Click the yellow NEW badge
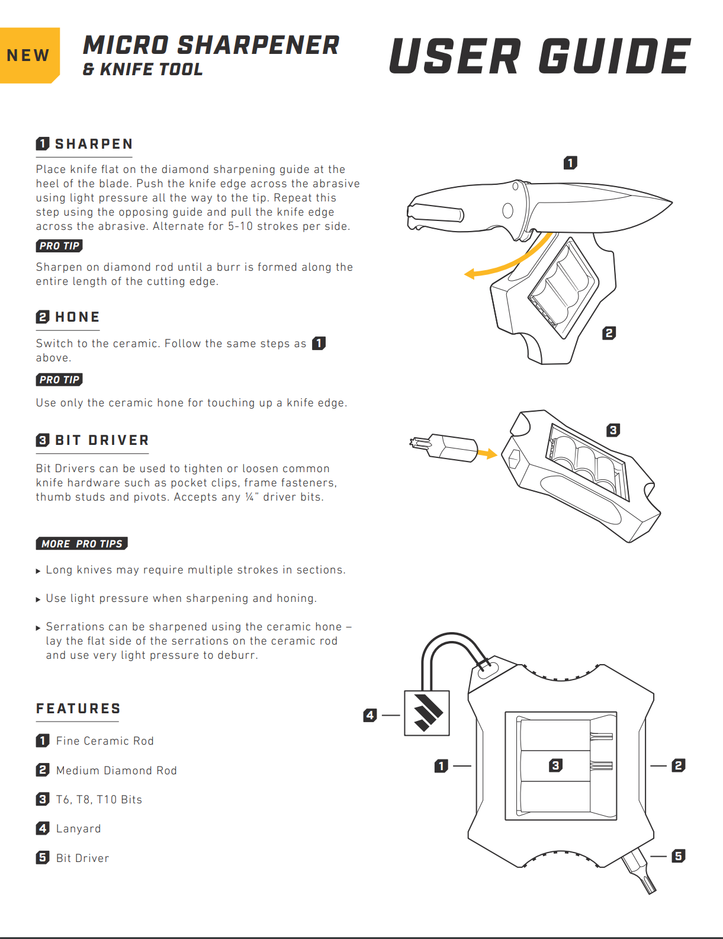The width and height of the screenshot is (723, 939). tap(28, 55)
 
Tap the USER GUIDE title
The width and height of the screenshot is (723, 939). tap(539, 57)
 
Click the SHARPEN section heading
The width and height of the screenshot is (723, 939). tap(94, 144)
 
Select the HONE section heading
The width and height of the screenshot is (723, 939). tap(77, 317)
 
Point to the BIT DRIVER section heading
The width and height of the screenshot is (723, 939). tap(101, 440)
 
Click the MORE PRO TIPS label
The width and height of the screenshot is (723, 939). tap(82, 543)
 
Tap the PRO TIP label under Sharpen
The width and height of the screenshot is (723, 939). tap(59, 246)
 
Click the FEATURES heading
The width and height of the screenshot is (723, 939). tap(78, 709)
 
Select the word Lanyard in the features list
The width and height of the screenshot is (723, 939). tap(79, 828)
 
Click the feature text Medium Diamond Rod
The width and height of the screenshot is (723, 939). tap(116, 770)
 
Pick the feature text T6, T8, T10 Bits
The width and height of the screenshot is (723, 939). tap(99, 799)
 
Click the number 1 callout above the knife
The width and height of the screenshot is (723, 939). tap(570, 162)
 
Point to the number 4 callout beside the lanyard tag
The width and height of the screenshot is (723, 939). tap(370, 715)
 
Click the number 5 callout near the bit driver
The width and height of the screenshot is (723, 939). tap(679, 855)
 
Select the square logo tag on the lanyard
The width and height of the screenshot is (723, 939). tap(427, 713)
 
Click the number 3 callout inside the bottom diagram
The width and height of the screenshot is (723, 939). tap(555, 765)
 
